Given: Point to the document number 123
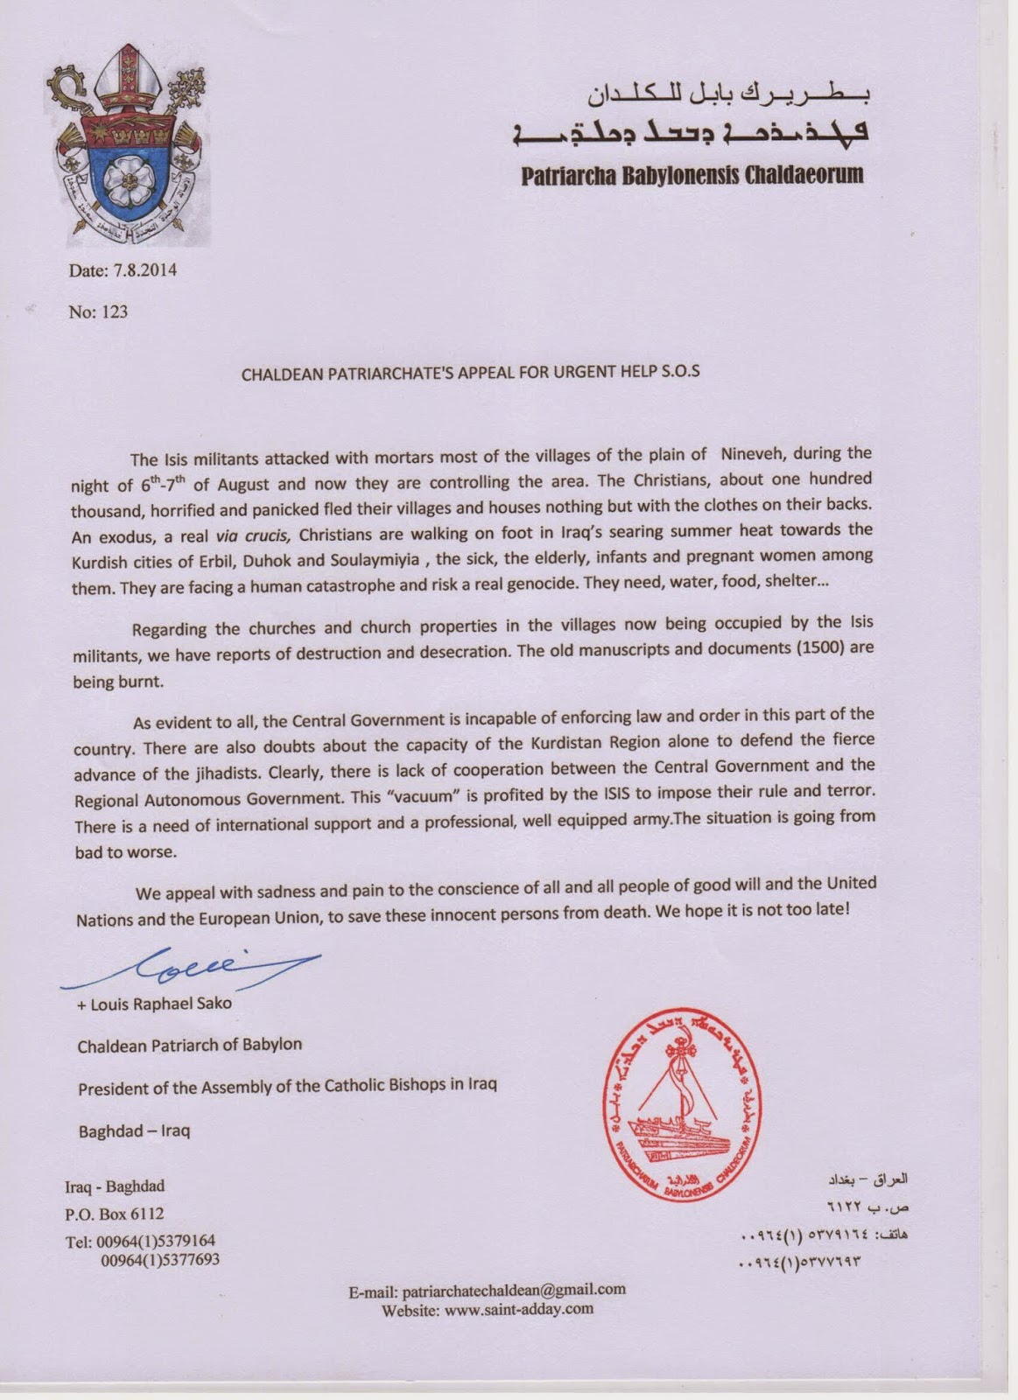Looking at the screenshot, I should coord(114,311).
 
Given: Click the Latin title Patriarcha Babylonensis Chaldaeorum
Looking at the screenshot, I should coord(692,175).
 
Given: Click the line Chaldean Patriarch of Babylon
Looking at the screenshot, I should coord(190,1045).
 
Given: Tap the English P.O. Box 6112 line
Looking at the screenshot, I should coord(115,1214).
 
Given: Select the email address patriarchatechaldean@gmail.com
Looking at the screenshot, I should coord(513,1289).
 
